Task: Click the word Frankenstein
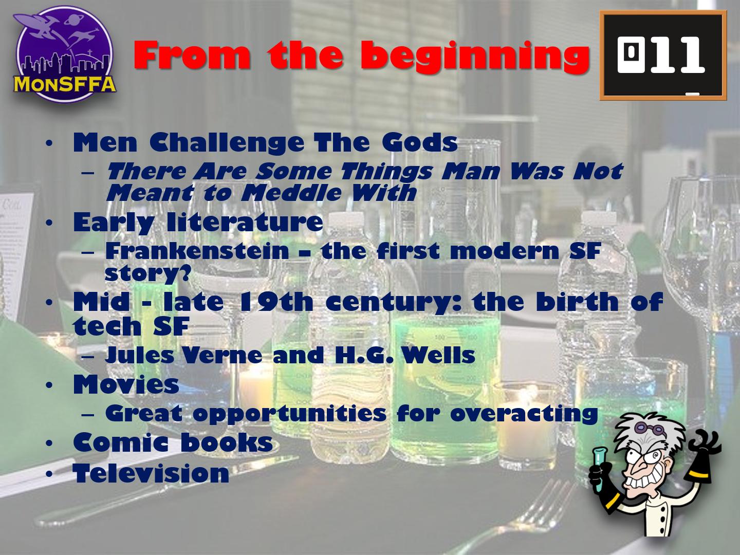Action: click(x=197, y=251)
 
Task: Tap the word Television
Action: click(x=151, y=473)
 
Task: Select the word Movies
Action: click(x=126, y=384)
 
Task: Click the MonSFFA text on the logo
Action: click(x=65, y=84)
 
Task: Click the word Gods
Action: click(x=420, y=142)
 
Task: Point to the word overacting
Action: click(x=524, y=414)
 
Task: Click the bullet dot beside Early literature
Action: click(x=49, y=223)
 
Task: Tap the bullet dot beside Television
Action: click(x=49, y=474)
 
